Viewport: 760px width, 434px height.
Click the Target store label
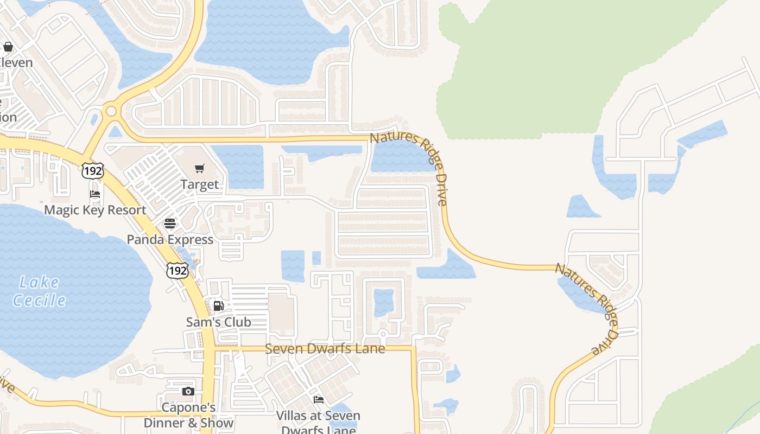click(200, 184)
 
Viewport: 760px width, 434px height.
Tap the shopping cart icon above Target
click(200, 168)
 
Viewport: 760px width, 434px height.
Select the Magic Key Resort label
click(95, 210)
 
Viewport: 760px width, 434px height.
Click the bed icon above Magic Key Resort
click(95, 194)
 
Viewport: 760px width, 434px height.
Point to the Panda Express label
click(170, 239)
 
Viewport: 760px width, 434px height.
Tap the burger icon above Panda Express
click(170, 224)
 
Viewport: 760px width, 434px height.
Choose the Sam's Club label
click(219, 322)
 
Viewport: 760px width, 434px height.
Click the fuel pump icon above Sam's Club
click(218, 306)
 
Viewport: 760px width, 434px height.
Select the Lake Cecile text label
click(39, 291)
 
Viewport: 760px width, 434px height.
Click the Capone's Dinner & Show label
click(188, 415)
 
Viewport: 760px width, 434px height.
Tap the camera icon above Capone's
click(188, 391)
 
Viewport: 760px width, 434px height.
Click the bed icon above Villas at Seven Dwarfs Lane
click(319, 400)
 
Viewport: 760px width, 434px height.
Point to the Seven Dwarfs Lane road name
click(325, 349)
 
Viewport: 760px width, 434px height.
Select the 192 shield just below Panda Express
click(178, 270)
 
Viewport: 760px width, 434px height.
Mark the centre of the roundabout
click(111, 111)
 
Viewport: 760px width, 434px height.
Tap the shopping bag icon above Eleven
click(8, 47)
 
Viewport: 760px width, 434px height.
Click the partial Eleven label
click(16, 62)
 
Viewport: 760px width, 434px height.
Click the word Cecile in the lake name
click(39, 300)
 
